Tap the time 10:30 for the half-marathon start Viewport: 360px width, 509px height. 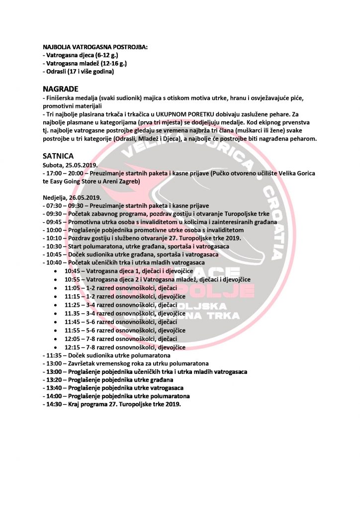click(x=54, y=246)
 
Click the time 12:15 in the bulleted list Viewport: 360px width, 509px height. click(x=73, y=347)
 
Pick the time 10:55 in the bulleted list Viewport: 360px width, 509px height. click(x=73, y=280)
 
